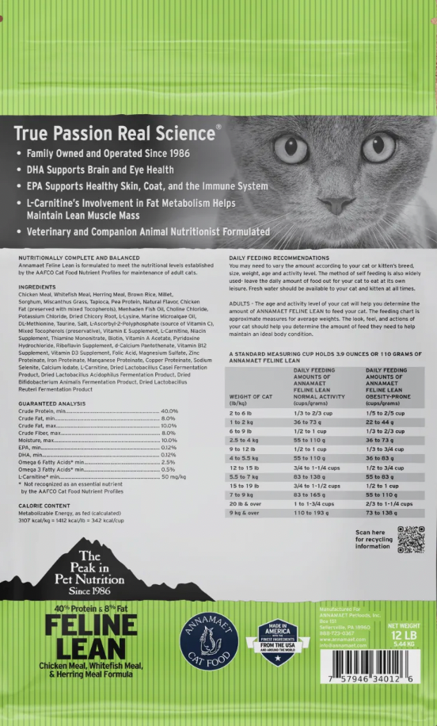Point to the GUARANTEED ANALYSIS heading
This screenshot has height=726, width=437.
pyautogui.click(x=52, y=403)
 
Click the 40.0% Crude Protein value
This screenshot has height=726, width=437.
pyautogui.click(x=169, y=411)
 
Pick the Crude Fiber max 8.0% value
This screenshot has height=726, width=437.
pyautogui.click(x=169, y=434)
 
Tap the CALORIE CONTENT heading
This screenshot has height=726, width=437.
pyautogui.click(x=44, y=505)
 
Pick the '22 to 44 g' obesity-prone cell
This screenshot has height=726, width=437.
pyautogui.click(x=380, y=423)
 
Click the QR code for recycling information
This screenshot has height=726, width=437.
pyautogui.click(x=411, y=539)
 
